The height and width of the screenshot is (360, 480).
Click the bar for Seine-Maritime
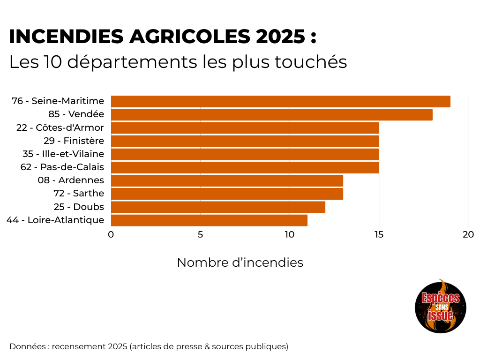click(x=280, y=101)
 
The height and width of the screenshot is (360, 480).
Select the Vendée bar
click(x=271, y=114)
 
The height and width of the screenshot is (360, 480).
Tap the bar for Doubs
click(x=218, y=207)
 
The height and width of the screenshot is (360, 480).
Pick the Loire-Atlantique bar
click(x=209, y=220)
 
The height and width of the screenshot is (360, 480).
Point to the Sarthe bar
click(x=227, y=194)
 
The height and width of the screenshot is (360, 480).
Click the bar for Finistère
click(x=245, y=141)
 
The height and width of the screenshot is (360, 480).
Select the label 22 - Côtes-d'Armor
click(x=60, y=127)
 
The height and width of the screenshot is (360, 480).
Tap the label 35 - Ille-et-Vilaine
click(x=63, y=154)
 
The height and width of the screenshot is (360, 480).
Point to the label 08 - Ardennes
click(x=71, y=180)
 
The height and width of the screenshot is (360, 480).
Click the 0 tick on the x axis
click(x=111, y=235)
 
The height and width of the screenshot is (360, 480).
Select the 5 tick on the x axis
click(x=200, y=235)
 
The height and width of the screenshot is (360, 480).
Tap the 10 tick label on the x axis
click(x=289, y=235)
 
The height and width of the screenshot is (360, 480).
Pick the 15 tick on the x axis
click(x=379, y=235)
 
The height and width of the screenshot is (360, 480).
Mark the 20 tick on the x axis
click(x=468, y=235)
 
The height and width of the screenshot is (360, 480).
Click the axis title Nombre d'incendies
click(x=240, y=262)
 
